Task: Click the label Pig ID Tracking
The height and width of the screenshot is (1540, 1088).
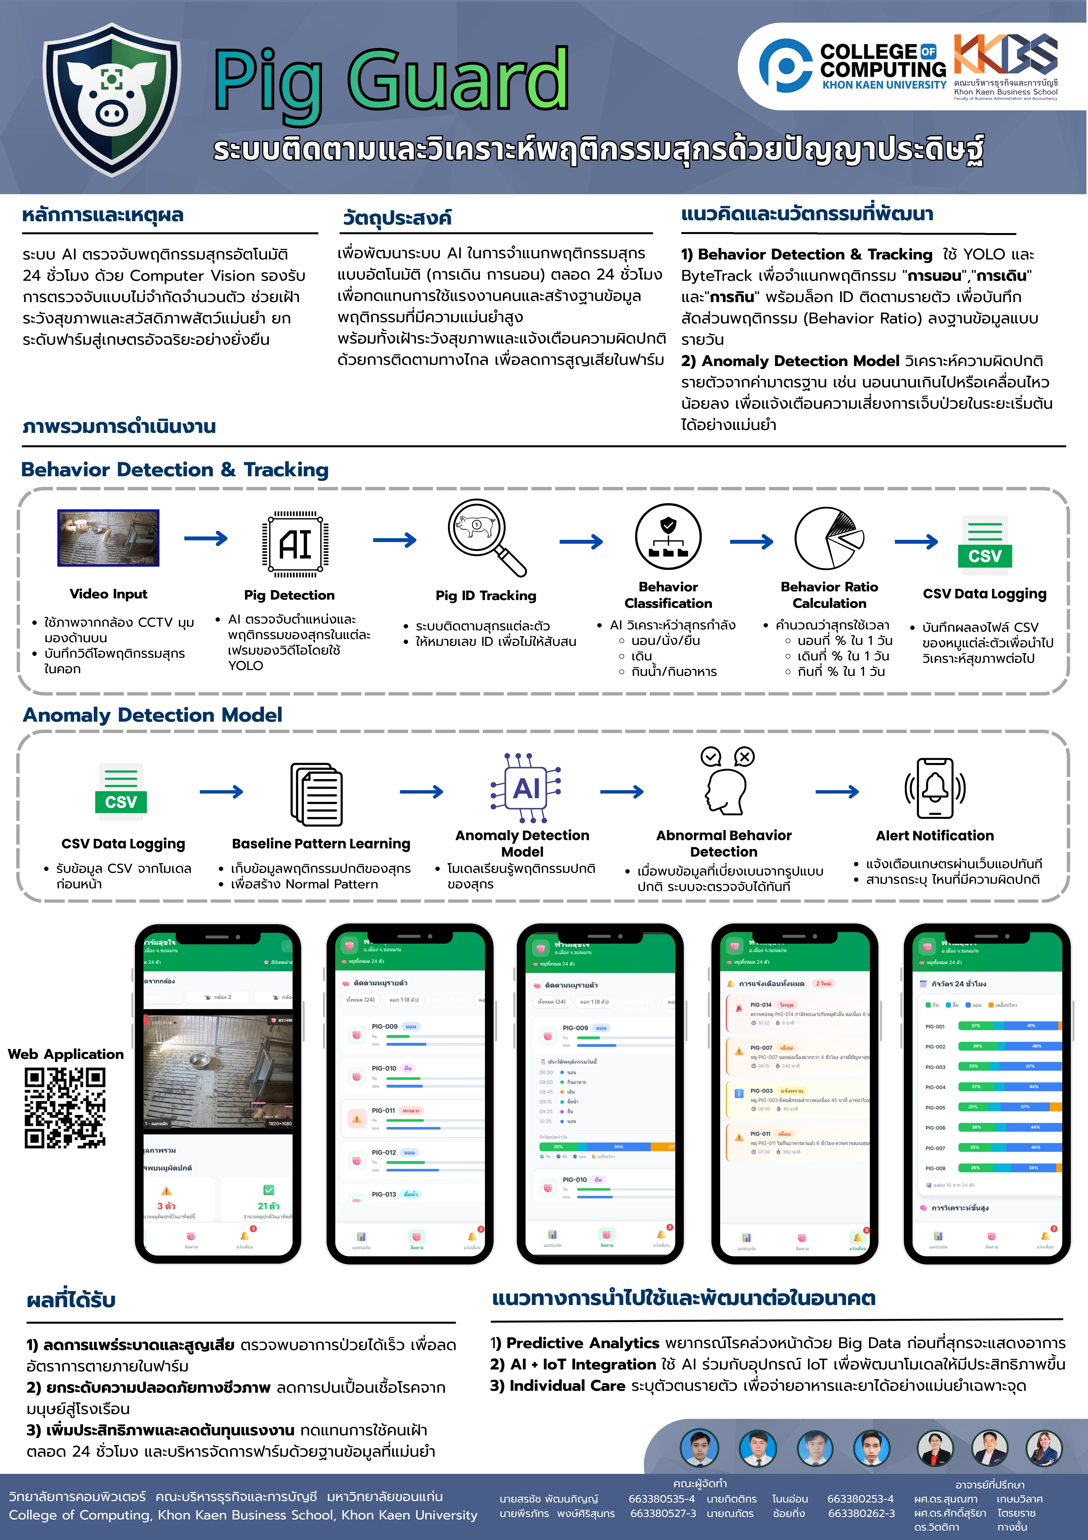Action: pyautogui.click(x=486, y=596)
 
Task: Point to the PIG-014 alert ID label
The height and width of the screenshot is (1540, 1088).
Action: pyautogui.click(x=761, y=1005)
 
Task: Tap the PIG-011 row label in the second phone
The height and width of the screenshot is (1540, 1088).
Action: pyautogui.click(x=383, y=1111)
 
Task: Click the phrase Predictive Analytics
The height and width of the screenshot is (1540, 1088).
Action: pyautogui.click(x=582, y=1343)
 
